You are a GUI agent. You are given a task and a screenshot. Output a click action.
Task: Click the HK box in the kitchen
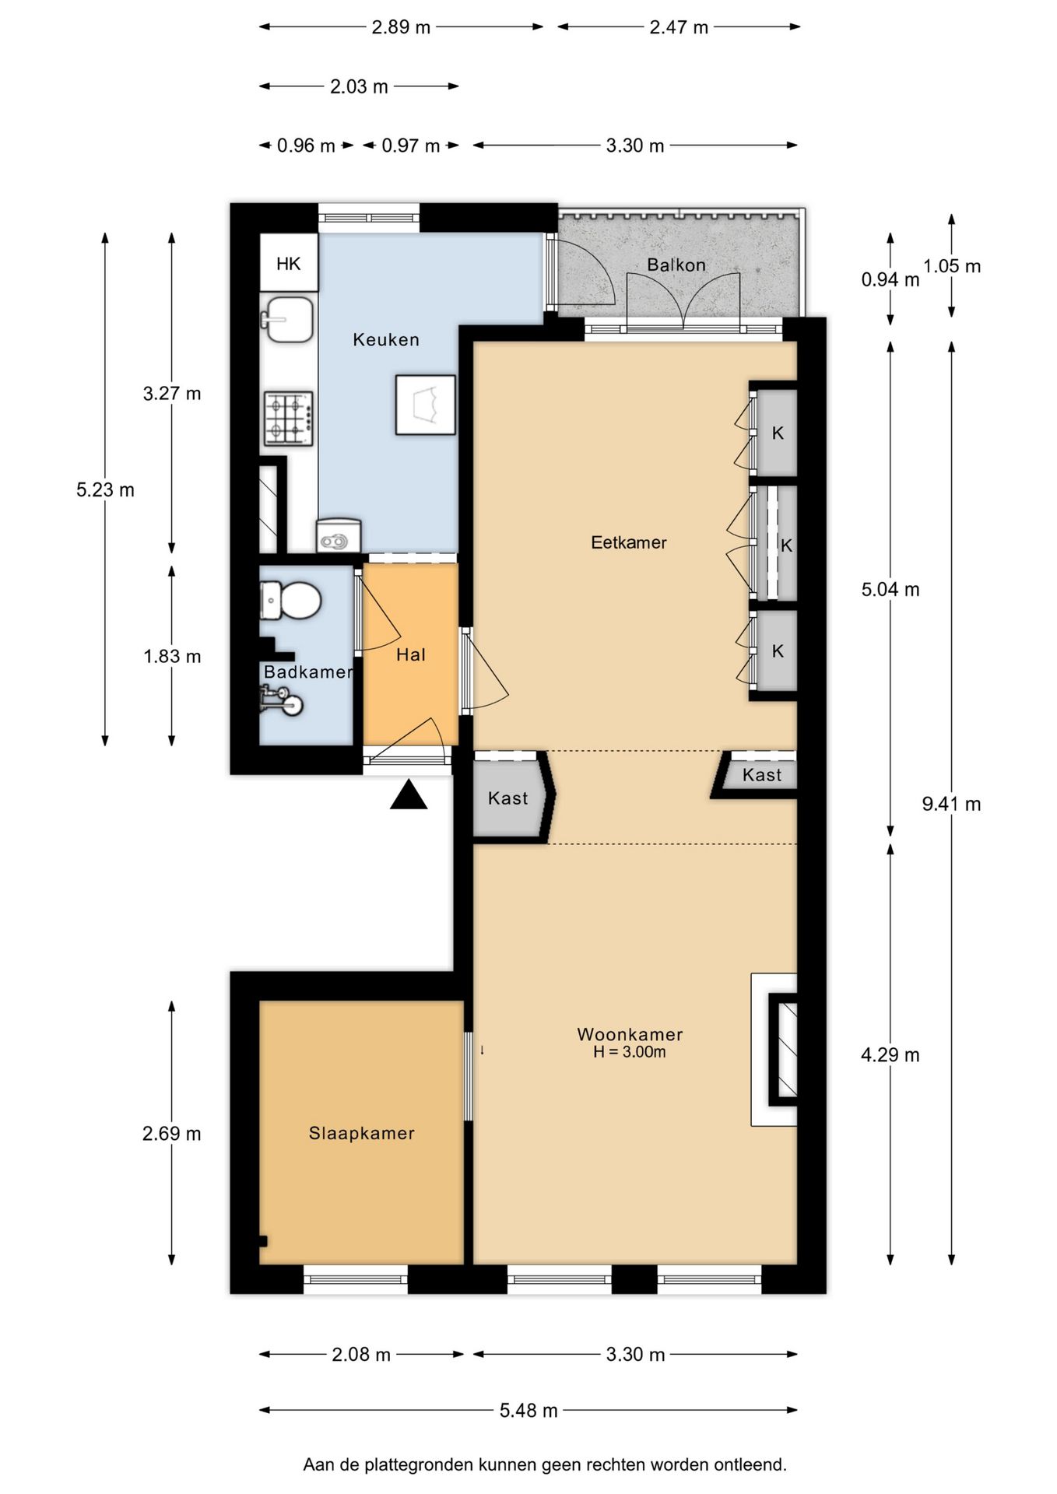click(288, 263)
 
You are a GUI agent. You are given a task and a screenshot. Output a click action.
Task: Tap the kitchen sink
click(287, 319)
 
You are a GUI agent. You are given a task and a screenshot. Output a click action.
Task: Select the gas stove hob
click(289, 419)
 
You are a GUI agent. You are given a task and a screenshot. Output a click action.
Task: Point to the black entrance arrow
click(409, 796)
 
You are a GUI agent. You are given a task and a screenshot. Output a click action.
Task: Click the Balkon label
click(676, 265)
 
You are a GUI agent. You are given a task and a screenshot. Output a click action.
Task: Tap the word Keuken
click(386, 339)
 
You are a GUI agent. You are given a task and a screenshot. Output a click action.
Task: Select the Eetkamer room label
click(629, 542)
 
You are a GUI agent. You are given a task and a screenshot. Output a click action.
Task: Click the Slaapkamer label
click(362, 1133)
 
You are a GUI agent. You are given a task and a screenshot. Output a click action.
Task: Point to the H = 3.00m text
click(630, 1052)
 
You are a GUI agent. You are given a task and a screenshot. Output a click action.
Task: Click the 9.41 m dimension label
click(951, 804)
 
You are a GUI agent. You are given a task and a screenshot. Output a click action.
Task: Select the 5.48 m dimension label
click(528, 1410)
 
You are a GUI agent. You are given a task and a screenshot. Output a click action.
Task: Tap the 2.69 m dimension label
click(171, 1134)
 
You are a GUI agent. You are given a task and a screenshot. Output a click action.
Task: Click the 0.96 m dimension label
click(306, 146)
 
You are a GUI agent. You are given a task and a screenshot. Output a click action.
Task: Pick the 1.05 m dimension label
click(952, 266)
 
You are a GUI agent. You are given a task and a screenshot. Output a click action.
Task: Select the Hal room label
click(411, 655)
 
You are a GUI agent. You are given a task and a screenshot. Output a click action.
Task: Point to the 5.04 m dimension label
click(890, 589)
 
